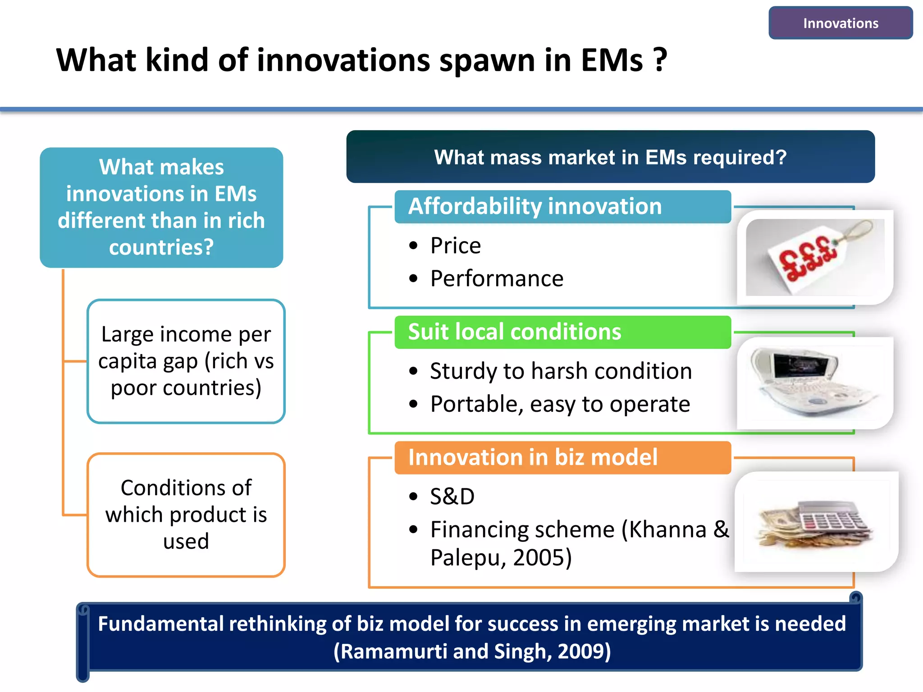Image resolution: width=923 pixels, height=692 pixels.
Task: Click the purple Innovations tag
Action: (x=840, y=23)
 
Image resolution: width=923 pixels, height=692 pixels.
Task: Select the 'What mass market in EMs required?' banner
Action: (x=610, y=157)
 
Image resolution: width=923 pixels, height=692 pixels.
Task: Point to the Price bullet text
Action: (x=455, y=246)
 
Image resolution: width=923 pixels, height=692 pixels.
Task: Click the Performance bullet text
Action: (x=497, y=278)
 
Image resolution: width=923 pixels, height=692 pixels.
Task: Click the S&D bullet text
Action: (x=452, y=496)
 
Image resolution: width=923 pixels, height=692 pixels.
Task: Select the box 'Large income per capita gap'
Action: (x=186, y=361)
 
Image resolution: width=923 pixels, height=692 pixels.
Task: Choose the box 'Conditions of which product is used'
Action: (x=186, y=514)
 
